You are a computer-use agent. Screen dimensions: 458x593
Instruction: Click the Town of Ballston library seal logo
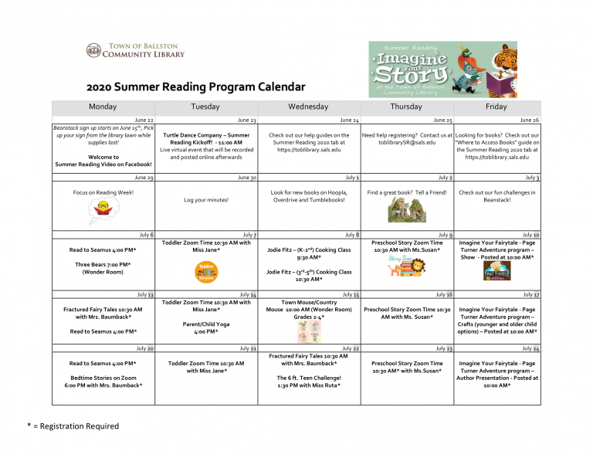point(93,51)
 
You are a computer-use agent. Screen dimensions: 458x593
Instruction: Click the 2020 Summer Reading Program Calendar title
point(195,87)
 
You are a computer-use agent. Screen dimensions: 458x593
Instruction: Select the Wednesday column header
point(307,107)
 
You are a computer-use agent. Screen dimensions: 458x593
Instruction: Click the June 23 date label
point(246,120)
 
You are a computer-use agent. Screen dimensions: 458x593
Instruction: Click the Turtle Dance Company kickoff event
point(205,139)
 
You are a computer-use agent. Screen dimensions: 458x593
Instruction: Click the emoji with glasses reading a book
point(103,206)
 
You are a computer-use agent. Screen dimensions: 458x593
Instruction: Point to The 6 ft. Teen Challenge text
point(309,378)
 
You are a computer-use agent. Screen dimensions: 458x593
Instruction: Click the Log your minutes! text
point(205,200)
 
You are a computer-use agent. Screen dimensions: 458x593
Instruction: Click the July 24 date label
point(530,349)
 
